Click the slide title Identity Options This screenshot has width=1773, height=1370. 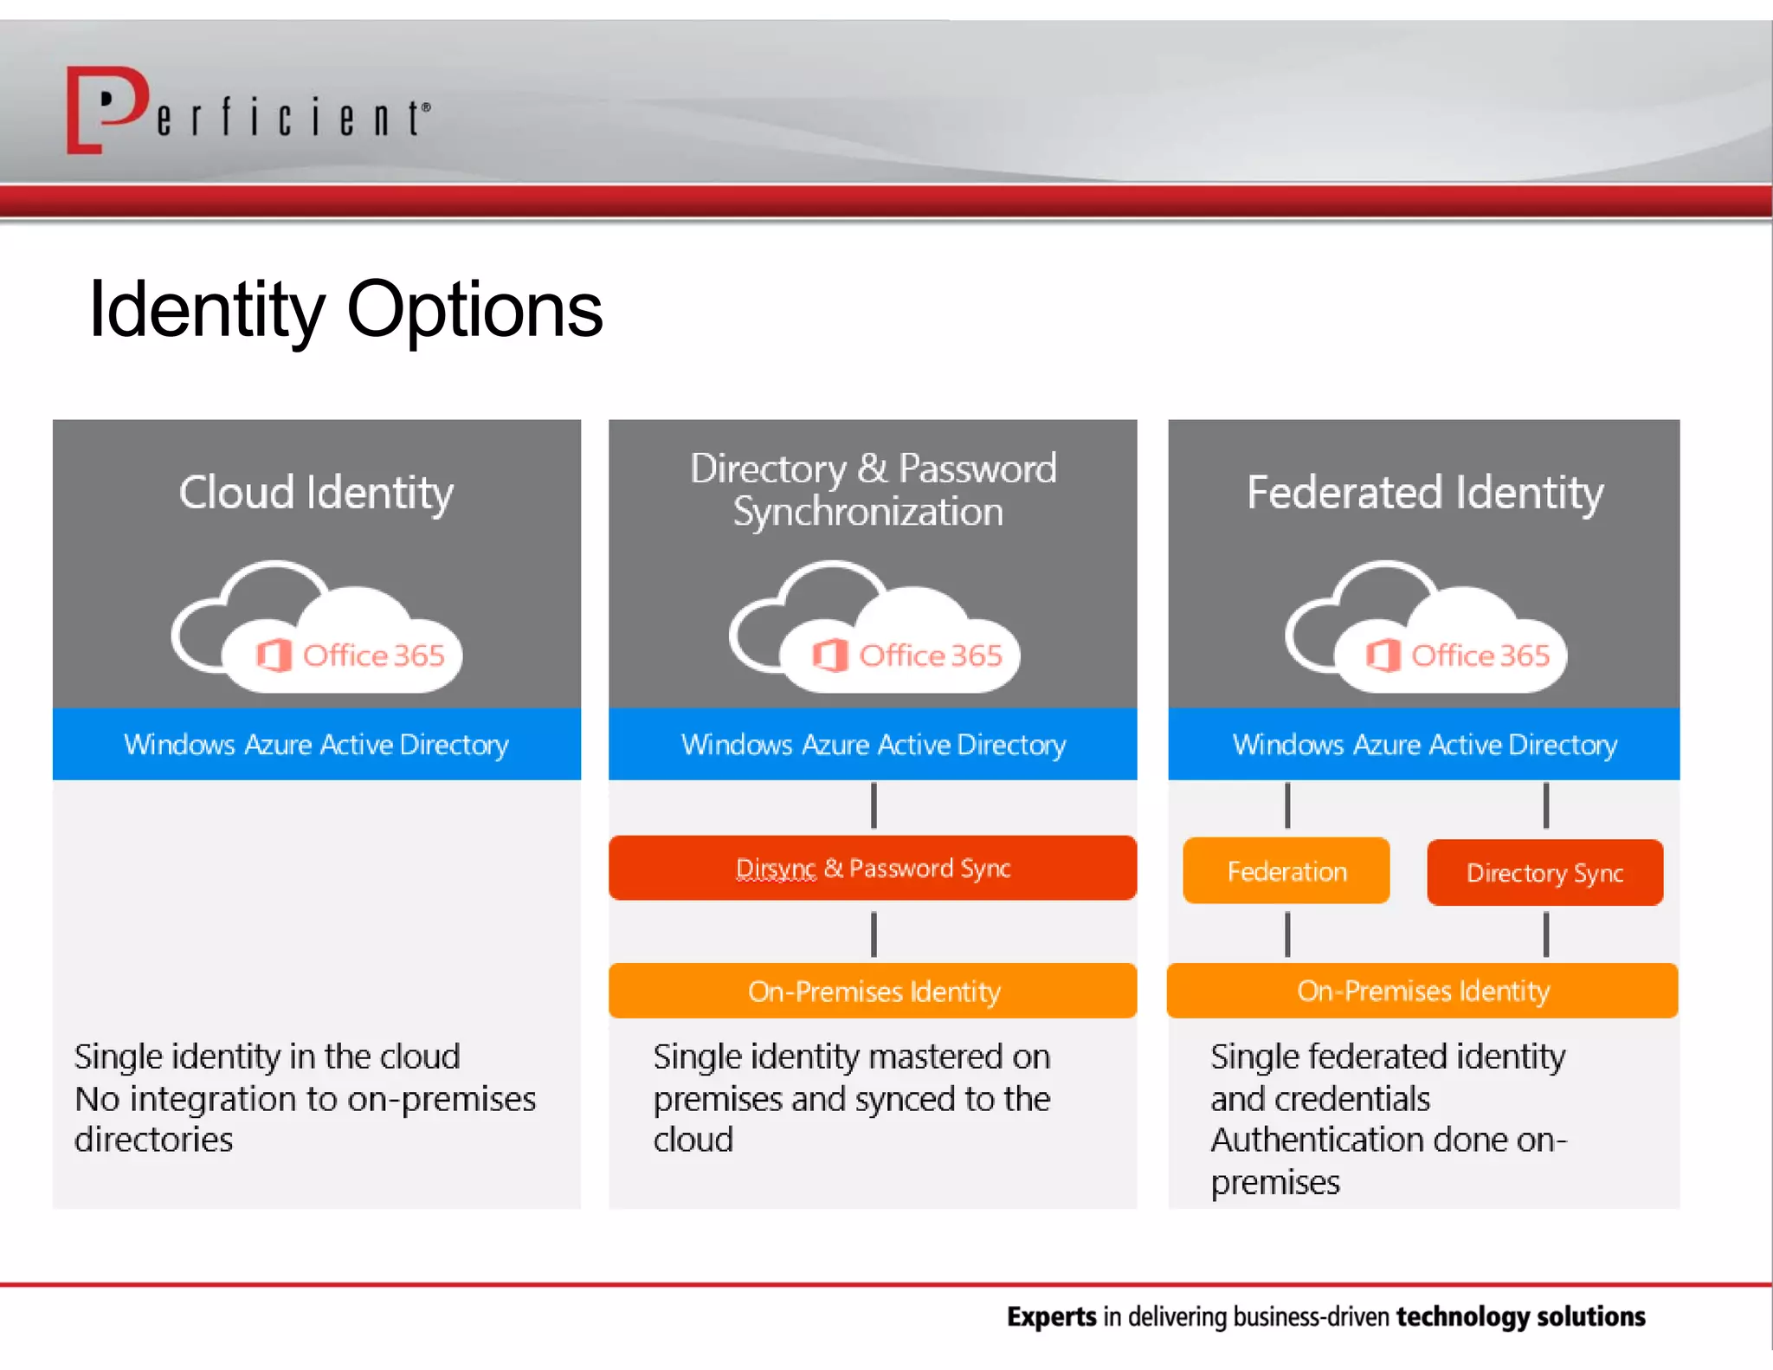point(345,310)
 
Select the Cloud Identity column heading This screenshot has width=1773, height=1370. point(316,492)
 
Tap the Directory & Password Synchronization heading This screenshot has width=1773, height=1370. point(872,489)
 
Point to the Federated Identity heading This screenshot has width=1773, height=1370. point(1424,492)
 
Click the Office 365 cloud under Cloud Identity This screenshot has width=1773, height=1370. point(317,630)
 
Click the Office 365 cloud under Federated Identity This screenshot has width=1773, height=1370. point(1426,630)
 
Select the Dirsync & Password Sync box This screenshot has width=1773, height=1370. point(872,868)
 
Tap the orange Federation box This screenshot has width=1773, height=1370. point(1286,870)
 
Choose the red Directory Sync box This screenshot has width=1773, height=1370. point(1544,872)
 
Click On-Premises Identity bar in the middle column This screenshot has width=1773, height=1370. point(872,991)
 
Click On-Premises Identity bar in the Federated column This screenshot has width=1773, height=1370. point(1422,991)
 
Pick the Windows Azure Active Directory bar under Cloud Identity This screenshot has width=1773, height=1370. point(316,744)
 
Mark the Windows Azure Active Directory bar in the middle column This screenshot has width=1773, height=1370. point(872,744)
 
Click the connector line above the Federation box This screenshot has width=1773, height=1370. point(1287,806)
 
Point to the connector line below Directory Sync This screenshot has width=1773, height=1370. point(1546,934)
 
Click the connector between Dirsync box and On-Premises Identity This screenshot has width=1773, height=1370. point(874,934)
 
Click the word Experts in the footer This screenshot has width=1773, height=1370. point(1051,1316)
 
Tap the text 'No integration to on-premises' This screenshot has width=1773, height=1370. point(305,1098)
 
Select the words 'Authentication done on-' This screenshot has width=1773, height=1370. point(1388,1140)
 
